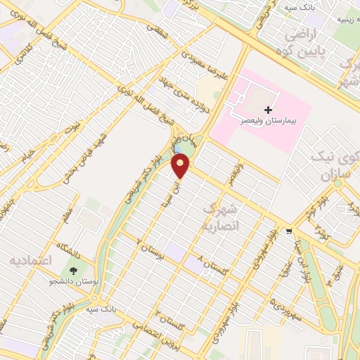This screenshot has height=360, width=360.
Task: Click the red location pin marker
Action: [x=181, y=166]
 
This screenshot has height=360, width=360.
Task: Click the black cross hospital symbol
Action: [x=268, y=110]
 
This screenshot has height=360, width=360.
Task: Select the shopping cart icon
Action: [x=289, y=231]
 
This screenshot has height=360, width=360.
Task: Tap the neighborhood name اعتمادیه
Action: [x=31, y=260]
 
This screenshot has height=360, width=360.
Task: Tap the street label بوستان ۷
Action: [x=150, y=250]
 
